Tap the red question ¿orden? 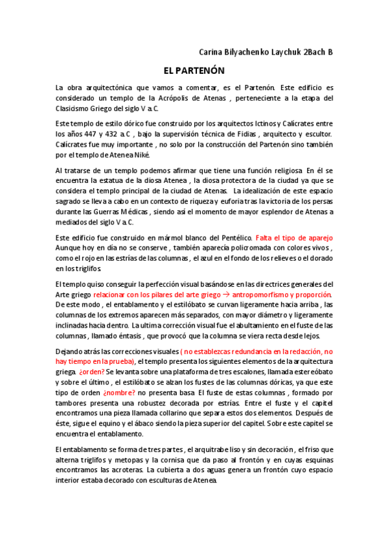click(91, 373)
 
